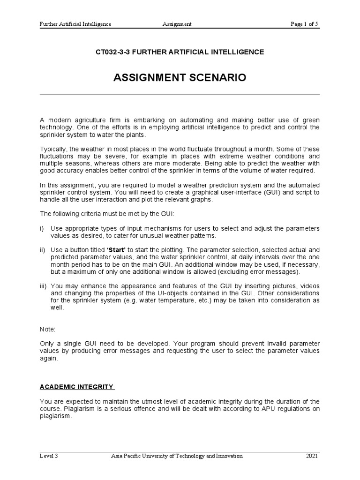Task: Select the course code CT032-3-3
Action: (112, 52)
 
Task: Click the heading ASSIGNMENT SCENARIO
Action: (180, 78)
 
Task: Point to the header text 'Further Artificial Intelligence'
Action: (75, 24)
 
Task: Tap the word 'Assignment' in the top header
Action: (177, 24)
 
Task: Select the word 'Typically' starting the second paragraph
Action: (53, 149)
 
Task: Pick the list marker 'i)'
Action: (42, 228)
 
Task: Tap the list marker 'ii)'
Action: (43, 250)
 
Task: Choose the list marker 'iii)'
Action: (44, 285)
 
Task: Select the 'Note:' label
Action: (48, 330)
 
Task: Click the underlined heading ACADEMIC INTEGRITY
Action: (77, 387)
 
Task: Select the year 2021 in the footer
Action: (312, 456)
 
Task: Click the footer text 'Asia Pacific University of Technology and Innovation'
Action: (177, 456)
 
